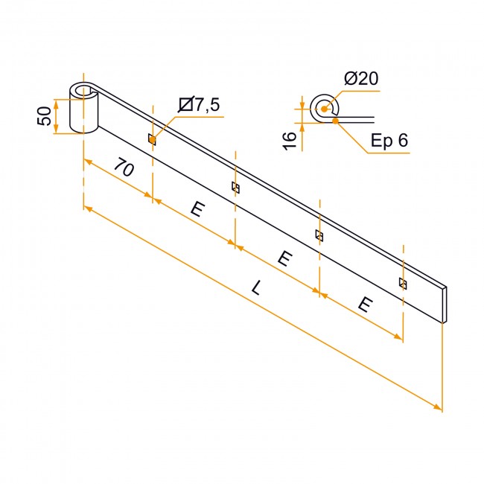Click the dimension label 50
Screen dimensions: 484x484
(x=45, y=115)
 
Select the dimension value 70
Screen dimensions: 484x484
(x=124, y=168)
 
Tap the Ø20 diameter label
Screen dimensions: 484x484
(x=361, y=78)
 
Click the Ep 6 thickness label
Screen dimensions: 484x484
(x=389, y=140)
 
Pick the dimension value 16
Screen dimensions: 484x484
(x=290, y=141)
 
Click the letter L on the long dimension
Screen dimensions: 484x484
(x=257, y=287)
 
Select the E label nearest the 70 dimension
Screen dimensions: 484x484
(x=197, y=209)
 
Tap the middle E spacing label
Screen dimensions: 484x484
(x=284, y=258)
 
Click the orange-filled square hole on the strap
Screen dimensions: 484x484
(x=152, y=139)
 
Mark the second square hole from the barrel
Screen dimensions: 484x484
(x=235, y=188)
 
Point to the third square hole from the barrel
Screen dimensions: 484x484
(x=319, y=235)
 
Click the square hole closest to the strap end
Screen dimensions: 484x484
(x=403, y=284)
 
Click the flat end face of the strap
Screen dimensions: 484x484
(x=445, y=305)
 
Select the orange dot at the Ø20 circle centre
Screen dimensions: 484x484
(x=324, y=109)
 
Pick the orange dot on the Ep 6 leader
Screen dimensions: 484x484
(x=336, y=121)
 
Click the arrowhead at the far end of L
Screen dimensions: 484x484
(x=439, y=407)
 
